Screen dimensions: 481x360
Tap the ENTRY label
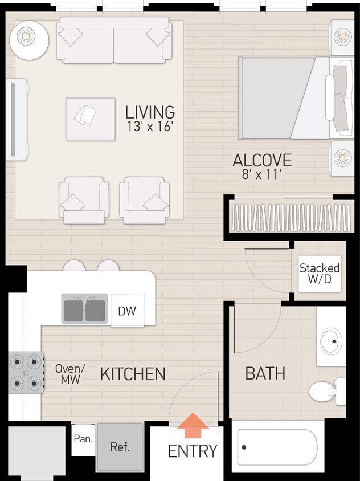[x=193, y=451]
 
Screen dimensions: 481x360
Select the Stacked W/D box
[x=320, y=274]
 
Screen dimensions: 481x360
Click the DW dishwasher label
[x=127, y=311]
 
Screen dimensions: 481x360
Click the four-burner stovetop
[x=25, y=372]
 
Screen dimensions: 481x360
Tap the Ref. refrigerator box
[x=120, y=446]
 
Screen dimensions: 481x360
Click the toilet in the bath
[x=326, y=392]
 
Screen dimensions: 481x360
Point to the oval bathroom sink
[x=332, y=341]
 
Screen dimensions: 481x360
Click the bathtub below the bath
[x=277, y=447]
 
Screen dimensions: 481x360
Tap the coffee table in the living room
[x=90, y=119]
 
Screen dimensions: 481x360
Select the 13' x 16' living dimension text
[x=150, y=127]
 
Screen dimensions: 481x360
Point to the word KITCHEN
[x=133, y=374]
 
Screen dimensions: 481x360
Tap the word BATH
[x=265, y=374]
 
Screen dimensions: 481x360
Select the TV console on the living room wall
[x=17, y=119]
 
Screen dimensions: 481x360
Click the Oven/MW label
[x=70, y=374]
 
